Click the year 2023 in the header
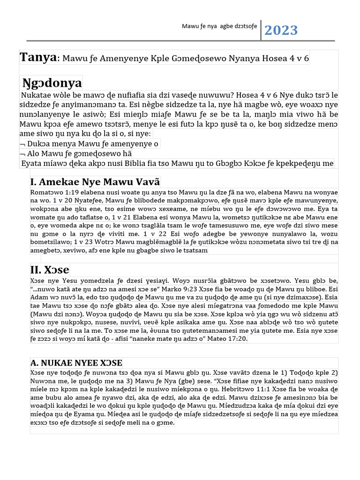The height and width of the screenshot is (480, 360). coord(281,30)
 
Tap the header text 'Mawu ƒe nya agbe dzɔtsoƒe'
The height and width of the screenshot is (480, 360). coord(219,26)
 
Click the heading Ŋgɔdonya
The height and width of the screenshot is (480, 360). coord(52,83)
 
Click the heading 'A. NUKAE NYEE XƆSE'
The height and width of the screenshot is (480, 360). coord(76,363)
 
